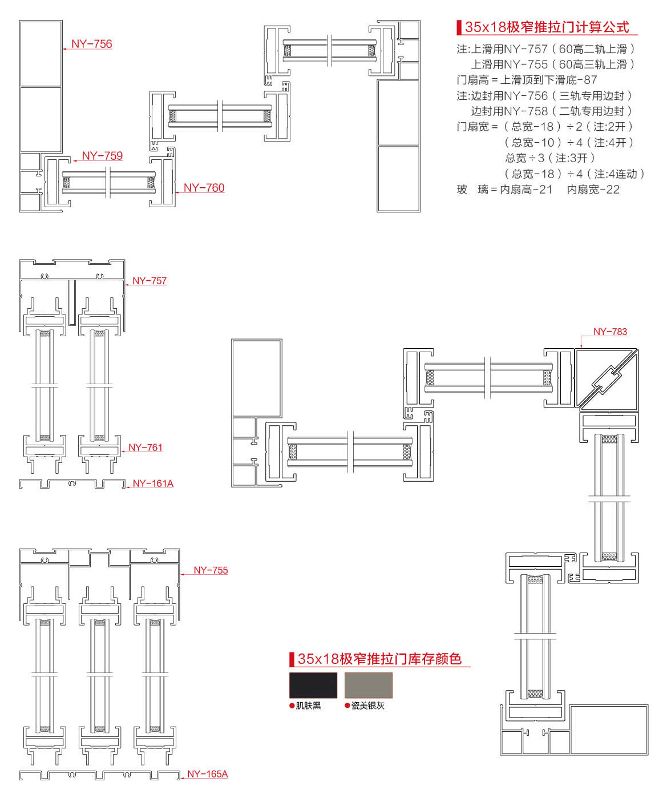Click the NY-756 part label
coord(91,44)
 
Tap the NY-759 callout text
coord(102,156)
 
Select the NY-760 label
coord(204,188)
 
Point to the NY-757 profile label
coord(149,281)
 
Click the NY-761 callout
coord(145,448)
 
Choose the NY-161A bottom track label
coord(153,483)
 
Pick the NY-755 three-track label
coord(211,570)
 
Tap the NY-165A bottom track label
coord(207,774)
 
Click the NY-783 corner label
coord(610,332)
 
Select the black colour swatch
coord(313,685)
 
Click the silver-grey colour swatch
coord(369,685)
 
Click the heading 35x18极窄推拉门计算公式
coord(547,27)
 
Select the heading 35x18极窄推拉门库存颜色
coord(379,659)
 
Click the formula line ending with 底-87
coord(527,80)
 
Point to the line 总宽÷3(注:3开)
coord(549,158)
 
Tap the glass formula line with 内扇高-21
coord(538,190)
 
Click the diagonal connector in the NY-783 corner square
coord(606,380)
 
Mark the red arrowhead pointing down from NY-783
coord(581,345)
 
